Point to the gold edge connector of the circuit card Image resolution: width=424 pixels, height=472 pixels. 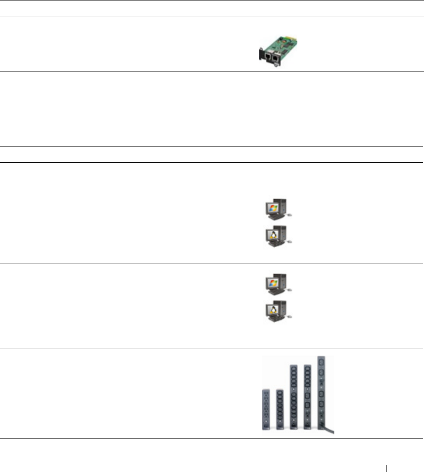(294, 38)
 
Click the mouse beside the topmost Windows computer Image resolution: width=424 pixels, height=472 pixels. (290, 215)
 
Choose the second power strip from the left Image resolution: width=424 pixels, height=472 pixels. (280, 409)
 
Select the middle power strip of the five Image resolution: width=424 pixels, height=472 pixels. (293, 397)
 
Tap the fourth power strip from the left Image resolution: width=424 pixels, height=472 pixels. (308, 397)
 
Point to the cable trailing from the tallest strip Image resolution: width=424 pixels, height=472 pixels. (331, 433)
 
